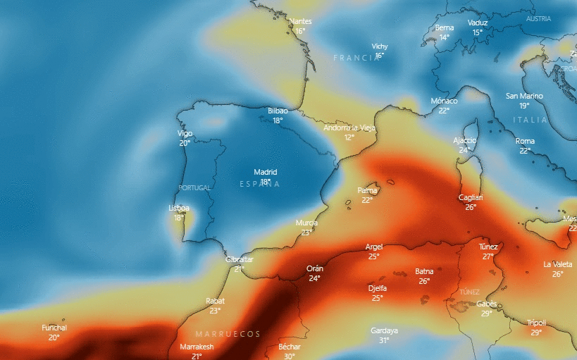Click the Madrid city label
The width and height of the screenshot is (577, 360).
(266, 172)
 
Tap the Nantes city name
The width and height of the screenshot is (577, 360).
(301, 21)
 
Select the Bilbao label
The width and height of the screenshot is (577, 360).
(278, 111)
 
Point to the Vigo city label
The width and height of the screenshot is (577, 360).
(185, 133)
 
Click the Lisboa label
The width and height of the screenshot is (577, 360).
(179, 208)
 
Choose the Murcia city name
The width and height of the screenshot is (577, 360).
(306, 223)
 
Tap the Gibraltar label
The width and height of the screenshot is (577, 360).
(239, 259)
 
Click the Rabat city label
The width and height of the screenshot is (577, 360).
(215, 301)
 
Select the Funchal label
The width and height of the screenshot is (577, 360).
(54, 328)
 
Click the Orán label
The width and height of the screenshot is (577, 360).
(315, 268)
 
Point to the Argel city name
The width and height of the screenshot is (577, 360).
(374, 247)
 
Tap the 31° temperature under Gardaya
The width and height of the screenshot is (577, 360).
(384, 340)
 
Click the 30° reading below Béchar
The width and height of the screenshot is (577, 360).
(289, 356)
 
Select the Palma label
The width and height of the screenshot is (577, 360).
(368, 190)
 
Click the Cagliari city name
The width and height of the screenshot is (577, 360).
(471, 197)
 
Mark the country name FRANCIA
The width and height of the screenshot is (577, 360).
(356, 58)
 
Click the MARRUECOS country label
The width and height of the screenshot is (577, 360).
(228, 334)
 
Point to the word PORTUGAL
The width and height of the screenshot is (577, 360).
(195, 188)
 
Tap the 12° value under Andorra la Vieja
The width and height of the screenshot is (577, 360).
(349, 137)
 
